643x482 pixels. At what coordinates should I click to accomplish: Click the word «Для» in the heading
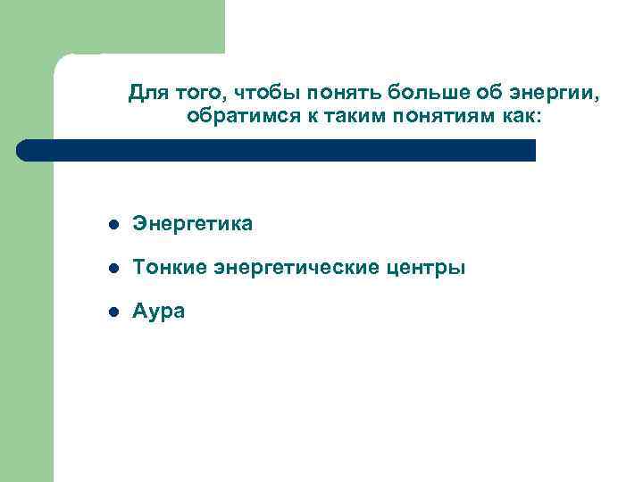pos(145,93)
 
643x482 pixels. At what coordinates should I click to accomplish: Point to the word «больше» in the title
pos(398,93)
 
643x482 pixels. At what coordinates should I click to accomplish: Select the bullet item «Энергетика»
pos(192,224)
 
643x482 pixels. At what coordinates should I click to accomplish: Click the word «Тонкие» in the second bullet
pos(167,268)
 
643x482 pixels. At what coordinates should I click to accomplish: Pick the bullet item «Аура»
pos(159,312)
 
